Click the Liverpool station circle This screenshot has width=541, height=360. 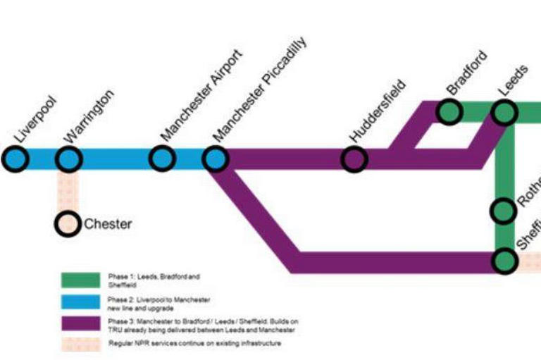coord(15,159)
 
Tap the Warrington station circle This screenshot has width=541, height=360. coord(68,159)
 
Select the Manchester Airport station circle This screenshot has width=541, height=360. coord(162,159)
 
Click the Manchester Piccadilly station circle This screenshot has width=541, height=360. coord(216,159)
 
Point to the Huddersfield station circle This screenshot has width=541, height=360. coord(355,159)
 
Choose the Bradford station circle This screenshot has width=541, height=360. coord(449,111)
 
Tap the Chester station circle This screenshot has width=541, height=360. coord(68,224)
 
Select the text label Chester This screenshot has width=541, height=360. coord(108,225)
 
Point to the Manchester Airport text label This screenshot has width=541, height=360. coord(201,93)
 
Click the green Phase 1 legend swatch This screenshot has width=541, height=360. coord(80,280)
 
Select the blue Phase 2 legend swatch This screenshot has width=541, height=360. coord(80,302)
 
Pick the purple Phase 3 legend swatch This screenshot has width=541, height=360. coord(80,325)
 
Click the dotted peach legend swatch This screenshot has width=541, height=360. coord(80,344)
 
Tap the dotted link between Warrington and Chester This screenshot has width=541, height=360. coord(68,191)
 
